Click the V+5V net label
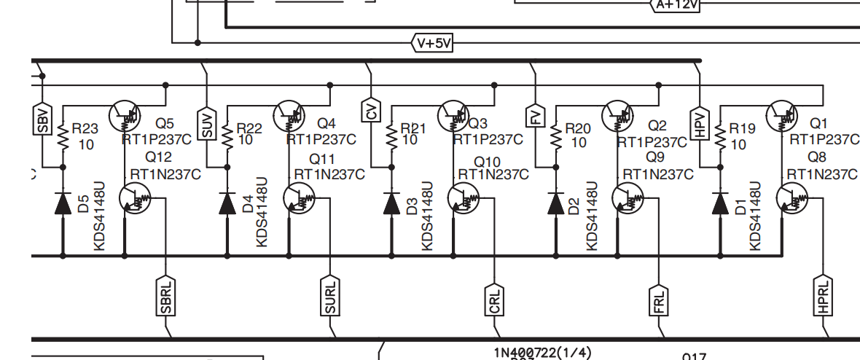[434, 43]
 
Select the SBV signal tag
[43, 119]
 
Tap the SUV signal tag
[207, 123]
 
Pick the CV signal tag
[372, 111]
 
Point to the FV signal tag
[536, 117]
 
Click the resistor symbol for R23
[63, 136]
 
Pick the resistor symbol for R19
[720, 136]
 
